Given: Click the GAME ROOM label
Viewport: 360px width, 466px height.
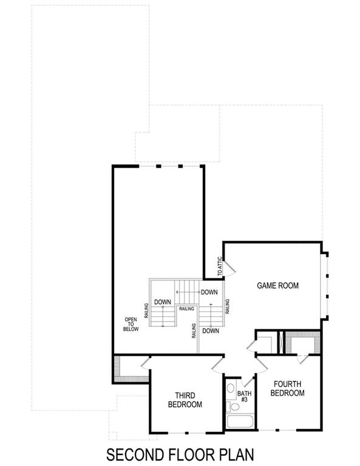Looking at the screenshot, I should (x=277, y=285).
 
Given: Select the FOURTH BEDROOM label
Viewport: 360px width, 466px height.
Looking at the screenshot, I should (x=287, y=388).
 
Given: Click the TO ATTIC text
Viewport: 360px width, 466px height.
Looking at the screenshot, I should (x=219, y=266).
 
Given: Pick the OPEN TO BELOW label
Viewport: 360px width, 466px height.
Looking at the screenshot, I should (x=132, y=325).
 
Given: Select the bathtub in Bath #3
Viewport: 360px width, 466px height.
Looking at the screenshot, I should (x=240, y=423).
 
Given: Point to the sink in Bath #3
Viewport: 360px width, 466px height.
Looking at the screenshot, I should (x=231, y=388).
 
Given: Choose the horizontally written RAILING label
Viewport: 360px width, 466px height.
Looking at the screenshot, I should (x=186, y=308).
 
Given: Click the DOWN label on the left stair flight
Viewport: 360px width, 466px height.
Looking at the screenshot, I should (x=161, y=302).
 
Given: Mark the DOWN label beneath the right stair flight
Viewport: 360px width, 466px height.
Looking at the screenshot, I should (x=211, y=331).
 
